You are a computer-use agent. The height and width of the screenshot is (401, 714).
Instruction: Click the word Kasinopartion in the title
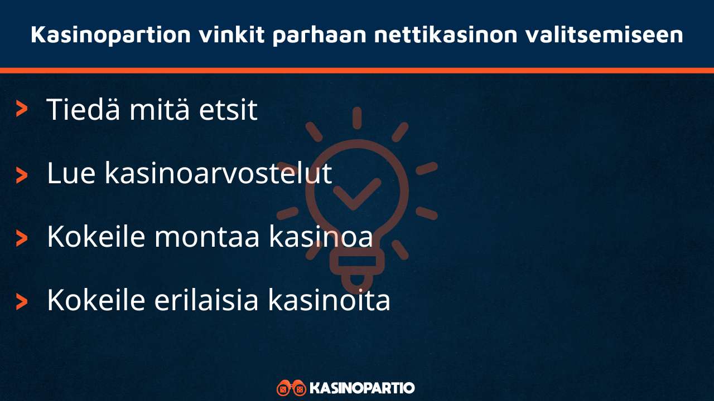pyautogui.click(x=110, y=35)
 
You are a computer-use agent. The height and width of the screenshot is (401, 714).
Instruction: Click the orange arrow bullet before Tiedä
pyautogui.click(x=22, y=109)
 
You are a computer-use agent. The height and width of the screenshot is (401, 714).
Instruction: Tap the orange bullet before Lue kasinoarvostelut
pyautogui.click(x=22, y=174)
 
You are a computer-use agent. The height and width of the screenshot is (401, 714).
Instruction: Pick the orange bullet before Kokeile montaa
pyautogui.click(x=22, y=238)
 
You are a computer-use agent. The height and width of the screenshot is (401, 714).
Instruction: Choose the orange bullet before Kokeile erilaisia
pyautogui.click(x=22, y=301)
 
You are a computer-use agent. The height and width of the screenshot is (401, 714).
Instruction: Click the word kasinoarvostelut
pyautogui.click(x=218, y=174)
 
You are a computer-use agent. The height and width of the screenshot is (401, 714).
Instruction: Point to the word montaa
pyautogui.click(x=207, y=237)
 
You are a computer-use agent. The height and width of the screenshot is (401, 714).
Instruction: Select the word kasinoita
pyautogui.click(x=329, y=300)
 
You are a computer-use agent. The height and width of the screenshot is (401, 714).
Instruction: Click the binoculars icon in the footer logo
pyautogui.click(x=291, y=388)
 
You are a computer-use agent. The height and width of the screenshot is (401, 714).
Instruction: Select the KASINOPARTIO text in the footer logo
pyautogui.click(x=362, y=388)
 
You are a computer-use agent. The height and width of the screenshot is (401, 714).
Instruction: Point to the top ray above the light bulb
pyautogui.click(x=357, y=118)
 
